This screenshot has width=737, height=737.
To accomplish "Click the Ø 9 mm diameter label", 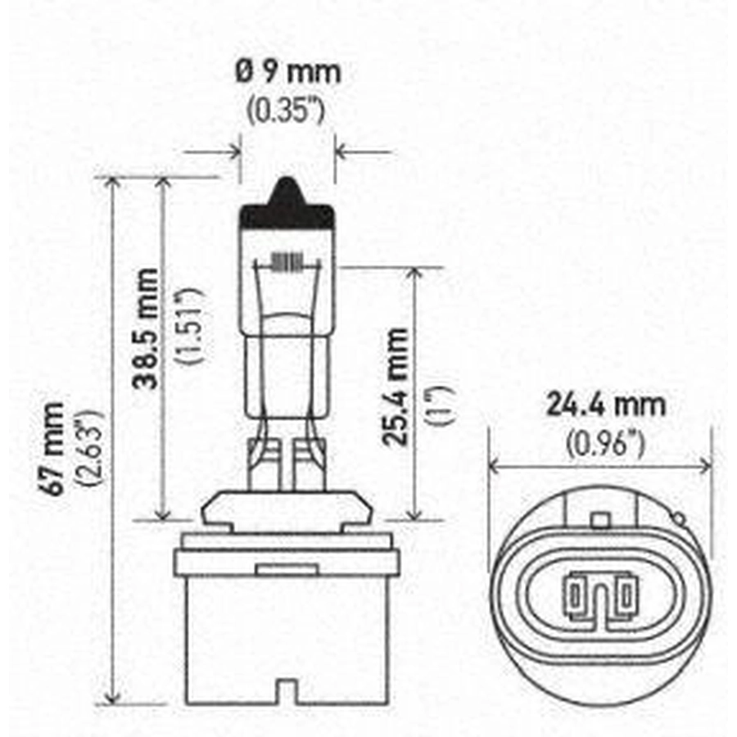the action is tap(287, 72).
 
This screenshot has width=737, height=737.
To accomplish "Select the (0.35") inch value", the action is tap(286, 111).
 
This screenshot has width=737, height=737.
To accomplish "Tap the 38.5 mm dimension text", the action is tap(146, 328).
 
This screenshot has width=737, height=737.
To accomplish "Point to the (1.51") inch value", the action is tap(189, 325).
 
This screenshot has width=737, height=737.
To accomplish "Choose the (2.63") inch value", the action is tap(89, 448).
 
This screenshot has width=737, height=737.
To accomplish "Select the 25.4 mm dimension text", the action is tap(395, 387).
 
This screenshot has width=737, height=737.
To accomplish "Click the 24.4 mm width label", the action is tap(605, 405).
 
